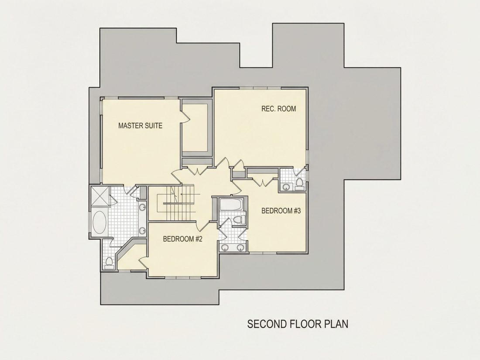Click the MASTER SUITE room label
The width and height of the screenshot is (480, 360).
(140, 126)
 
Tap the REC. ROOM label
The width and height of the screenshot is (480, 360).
(278, 109)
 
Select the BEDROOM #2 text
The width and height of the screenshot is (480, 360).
(183, 239)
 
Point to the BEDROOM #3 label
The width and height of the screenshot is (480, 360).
(281, 211)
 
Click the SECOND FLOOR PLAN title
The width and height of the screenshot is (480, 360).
(298, 324)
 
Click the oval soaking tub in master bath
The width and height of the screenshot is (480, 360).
(99, 222)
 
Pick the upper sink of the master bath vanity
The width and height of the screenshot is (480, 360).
(143, 207)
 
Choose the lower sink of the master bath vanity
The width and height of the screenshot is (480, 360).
(143, 230)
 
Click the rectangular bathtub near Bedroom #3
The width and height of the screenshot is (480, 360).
(231, 205)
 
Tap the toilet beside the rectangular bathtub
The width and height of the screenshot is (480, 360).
(239, 219)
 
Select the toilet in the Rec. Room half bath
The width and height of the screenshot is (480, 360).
(299, 182)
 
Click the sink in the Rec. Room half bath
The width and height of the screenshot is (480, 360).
(287, 187)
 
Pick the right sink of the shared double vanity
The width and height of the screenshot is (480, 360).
(240, 248)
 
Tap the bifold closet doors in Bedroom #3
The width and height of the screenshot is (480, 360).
(263, 181)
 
